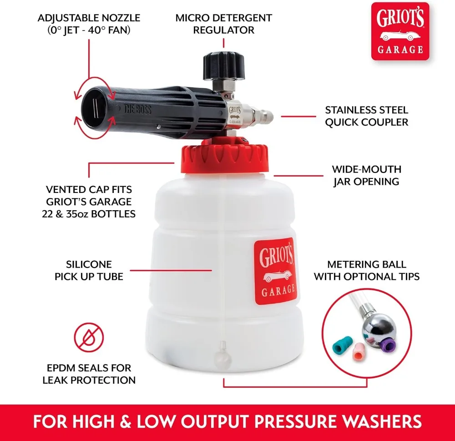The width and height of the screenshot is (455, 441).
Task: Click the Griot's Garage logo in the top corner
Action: [400, 31]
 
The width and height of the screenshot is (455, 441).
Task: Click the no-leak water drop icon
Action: [89, 337]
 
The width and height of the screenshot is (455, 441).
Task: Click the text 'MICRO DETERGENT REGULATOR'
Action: [223, 24]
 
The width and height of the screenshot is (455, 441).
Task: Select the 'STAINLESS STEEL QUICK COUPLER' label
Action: [366, 116]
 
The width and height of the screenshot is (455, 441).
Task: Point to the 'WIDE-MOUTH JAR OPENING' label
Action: [366, 175]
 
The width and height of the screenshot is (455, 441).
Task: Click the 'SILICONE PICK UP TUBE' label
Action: [89, 270]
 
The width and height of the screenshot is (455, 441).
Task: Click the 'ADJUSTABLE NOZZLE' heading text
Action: [89, 18]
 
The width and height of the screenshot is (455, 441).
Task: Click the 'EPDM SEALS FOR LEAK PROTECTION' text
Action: [89, 374]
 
